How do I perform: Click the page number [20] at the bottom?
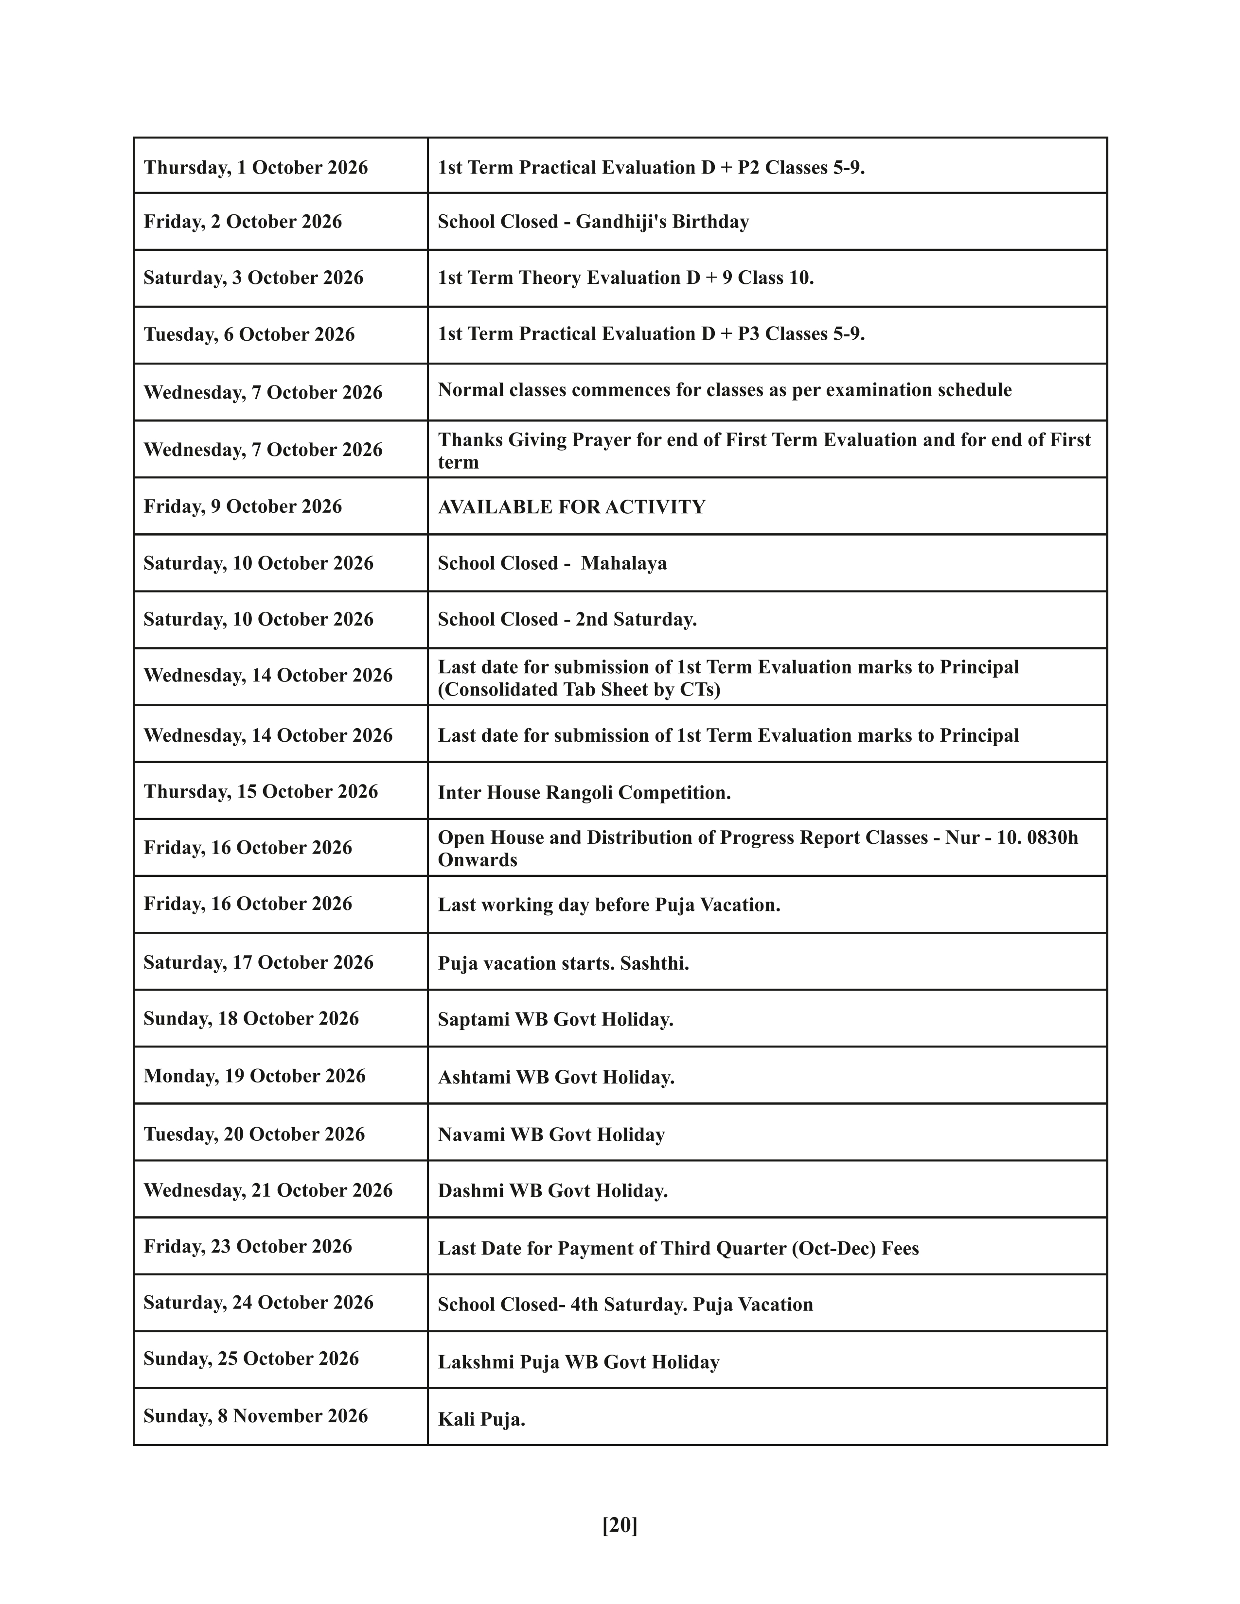point(619,1525)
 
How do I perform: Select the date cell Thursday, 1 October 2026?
point(256,168)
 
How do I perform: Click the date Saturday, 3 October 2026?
point(253,278)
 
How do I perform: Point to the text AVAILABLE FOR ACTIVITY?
point(571,507)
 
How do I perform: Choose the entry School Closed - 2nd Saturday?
point(567,619)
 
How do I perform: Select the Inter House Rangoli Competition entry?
point(584,792)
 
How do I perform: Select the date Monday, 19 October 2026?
point(254,1076)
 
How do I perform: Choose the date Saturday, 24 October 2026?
point(259,1302)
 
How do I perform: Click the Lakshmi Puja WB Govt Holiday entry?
point(578,1362)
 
